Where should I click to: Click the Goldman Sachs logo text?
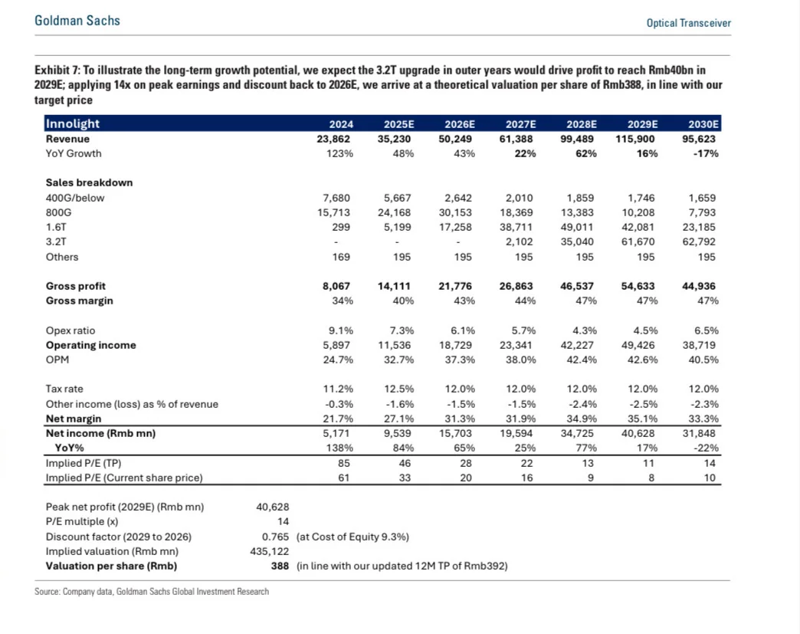pos(77,21)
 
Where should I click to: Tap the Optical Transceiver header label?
pos(688,23)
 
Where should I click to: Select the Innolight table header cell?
pos(73,123)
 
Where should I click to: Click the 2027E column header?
pos(520,124)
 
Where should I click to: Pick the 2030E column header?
pos(703,124)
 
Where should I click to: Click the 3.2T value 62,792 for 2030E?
pos(700,242)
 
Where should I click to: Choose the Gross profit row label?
pos(76,286)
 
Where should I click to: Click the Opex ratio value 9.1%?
pos(340,330)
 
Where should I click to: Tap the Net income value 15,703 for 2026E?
pos(456,433)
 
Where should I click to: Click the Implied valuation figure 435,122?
pos(269,551)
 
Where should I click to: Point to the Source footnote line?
pos(152,591)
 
